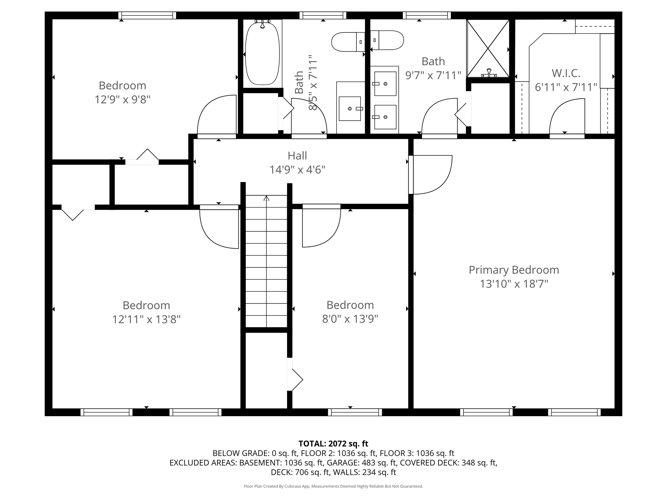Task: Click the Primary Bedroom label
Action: coord(514,270)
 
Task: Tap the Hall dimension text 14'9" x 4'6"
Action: coord(297,170)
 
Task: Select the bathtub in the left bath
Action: coord(262,53)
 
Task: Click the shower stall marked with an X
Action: coord(488,48)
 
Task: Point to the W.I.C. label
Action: coord(566,73)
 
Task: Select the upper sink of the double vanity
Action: coord(385,84)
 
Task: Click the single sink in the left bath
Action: coord(350,108)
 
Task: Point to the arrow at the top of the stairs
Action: coord(266,198)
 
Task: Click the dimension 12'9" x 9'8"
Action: coord(123,100)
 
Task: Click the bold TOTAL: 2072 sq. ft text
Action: coord(333,444)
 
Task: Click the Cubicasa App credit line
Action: coord(333,486)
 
